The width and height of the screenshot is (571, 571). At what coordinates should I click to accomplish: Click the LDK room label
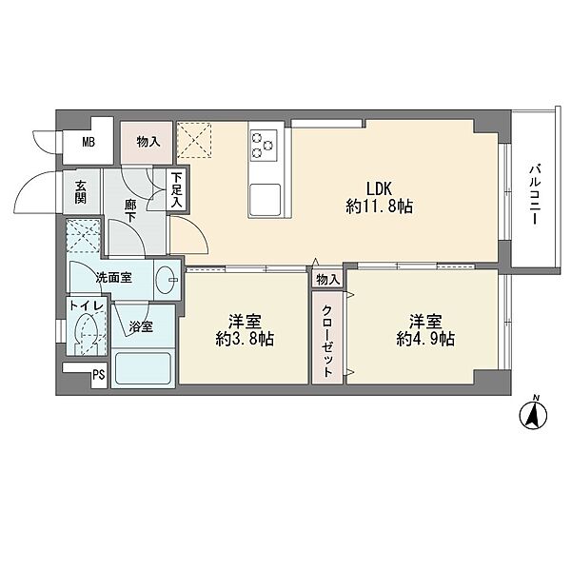pos(379,189)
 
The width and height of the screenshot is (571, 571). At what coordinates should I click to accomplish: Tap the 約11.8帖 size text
pos(379,207)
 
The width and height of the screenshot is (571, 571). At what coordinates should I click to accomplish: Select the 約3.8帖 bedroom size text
pos(245,340)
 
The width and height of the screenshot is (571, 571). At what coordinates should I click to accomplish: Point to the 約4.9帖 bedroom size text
pos(425,340)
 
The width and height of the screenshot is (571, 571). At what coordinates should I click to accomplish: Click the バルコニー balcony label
pos(534,194)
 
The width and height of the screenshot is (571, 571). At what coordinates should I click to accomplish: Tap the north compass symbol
pos(534,415)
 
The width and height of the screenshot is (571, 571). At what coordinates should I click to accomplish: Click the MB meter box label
pos(89,142)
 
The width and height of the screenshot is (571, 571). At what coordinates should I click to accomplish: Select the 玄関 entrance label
pos(81,192)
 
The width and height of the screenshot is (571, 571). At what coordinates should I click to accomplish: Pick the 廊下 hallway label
pos(130,211)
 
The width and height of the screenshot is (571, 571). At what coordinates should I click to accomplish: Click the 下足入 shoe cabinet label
pos(177,189)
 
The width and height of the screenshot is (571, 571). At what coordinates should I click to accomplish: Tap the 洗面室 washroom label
pos(113,278)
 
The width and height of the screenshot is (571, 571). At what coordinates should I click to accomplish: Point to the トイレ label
pos(88,305)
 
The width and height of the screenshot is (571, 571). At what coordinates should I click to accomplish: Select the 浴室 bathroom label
pos(141,326)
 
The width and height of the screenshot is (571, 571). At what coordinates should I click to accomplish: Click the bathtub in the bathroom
pos(143,367)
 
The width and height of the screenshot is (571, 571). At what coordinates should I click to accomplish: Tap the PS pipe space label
pos(99,375)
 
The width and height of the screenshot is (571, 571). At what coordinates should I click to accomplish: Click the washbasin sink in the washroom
pos(167,280)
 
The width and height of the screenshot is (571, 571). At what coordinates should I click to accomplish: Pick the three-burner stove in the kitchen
pos(264,145)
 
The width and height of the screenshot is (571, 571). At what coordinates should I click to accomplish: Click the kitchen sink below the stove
pos(265,200)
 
